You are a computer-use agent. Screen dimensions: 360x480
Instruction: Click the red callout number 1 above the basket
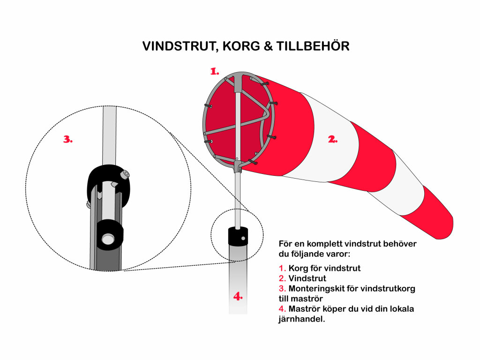click(215, 71)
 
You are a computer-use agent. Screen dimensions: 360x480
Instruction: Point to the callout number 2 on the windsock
click(332, 139)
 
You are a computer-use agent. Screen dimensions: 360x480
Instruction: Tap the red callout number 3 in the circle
click(68, 139)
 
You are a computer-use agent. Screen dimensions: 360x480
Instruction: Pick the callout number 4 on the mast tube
click(239, 296)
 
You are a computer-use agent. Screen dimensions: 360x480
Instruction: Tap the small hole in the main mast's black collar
click(243, 238)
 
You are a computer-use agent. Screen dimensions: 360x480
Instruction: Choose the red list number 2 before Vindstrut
click(282, 278)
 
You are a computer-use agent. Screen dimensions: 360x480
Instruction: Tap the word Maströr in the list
click(304, 309)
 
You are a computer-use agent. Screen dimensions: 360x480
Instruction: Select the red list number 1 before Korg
click(282, 268)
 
